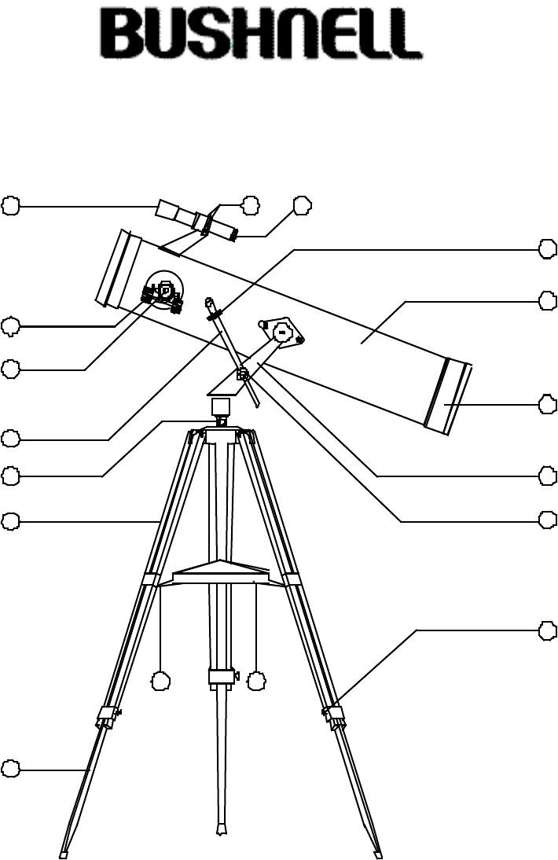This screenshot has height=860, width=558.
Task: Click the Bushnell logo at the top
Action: click(x=266, y=35)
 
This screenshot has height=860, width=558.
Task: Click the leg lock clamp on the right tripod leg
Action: click(x=334, y=715)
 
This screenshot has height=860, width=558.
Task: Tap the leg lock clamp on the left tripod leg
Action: click(x=107, y=715)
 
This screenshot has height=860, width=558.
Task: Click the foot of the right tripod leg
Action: click(x=379, y=853)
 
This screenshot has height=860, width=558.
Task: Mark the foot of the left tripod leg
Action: click(x=64, y=853)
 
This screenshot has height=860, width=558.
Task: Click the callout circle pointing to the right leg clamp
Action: click(x=549, y=630)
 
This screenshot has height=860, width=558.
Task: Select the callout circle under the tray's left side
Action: click(x=160, y=682)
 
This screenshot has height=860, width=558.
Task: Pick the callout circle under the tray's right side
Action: click(x=256, y=682)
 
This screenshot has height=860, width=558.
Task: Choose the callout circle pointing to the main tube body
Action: click(x=549, y=300)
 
